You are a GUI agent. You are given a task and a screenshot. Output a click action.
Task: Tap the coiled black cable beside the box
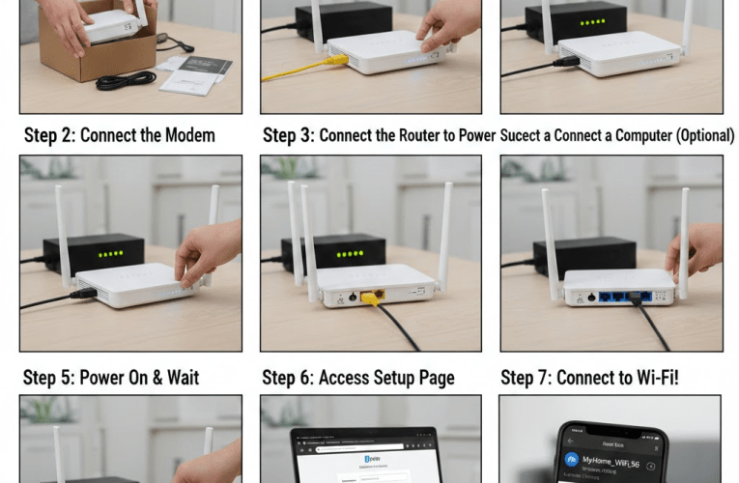125,80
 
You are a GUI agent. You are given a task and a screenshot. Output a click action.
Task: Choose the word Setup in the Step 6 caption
386,377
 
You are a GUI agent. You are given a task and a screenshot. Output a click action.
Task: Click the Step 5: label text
52,377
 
